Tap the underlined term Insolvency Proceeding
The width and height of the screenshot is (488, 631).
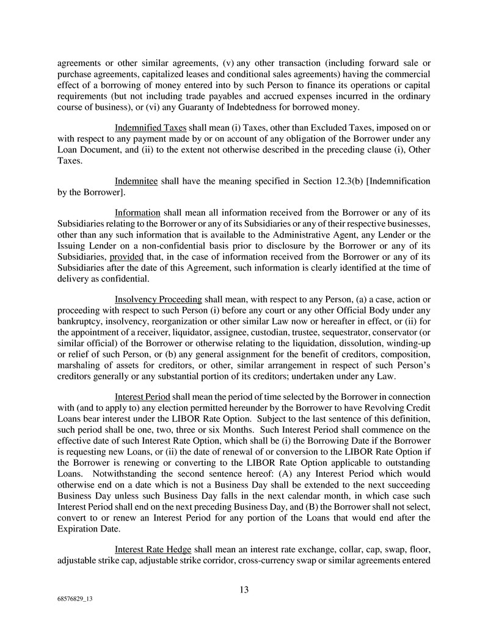[158, 299]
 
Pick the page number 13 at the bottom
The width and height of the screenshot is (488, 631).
[244, 590]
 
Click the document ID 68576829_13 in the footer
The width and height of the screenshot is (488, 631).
[75, 600]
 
